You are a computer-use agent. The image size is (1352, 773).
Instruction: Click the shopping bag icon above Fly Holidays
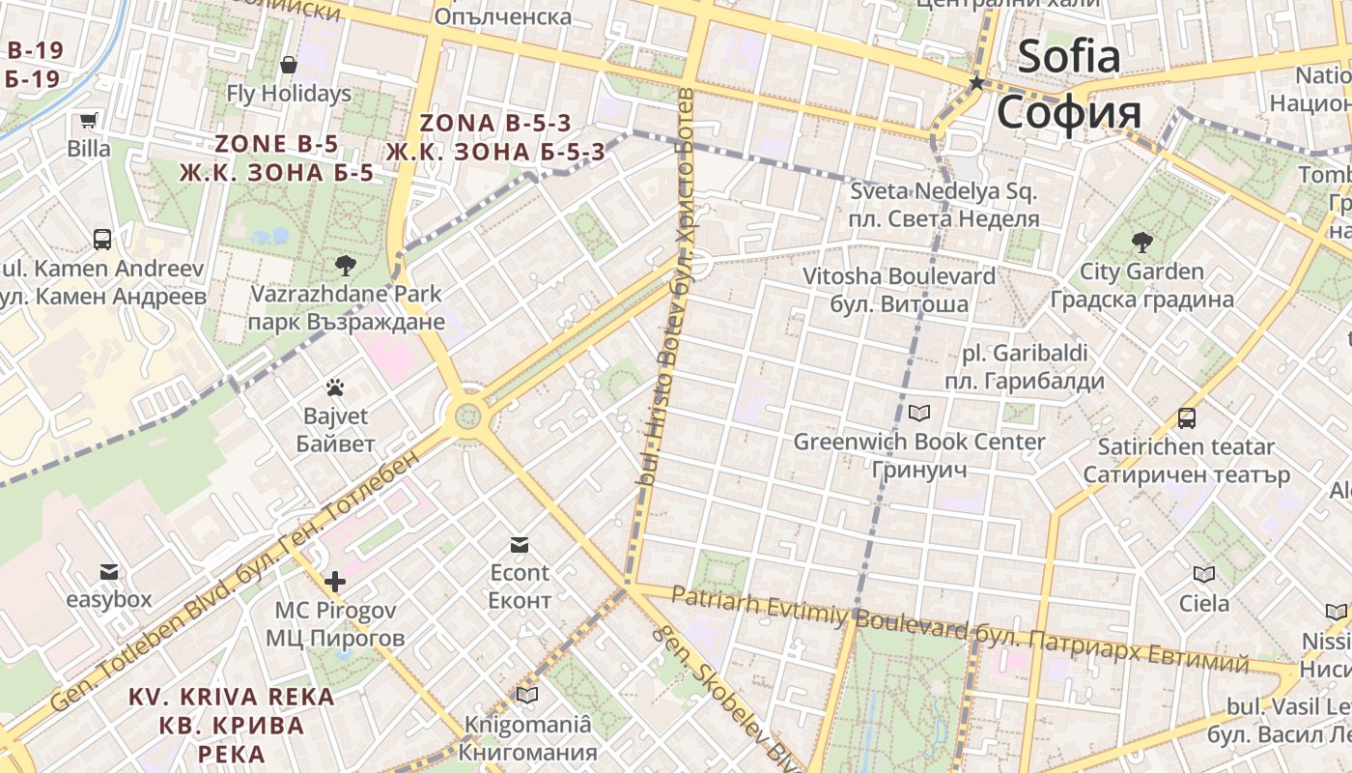288,65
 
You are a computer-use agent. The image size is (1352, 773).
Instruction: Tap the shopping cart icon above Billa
89,121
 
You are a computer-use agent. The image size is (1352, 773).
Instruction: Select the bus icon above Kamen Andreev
101,239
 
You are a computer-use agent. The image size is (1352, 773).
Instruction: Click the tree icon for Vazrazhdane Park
344,265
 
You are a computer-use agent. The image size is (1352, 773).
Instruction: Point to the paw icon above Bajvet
335,388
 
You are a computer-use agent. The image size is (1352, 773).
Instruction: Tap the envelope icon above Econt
520,545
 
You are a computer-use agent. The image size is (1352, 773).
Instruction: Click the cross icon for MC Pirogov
335,582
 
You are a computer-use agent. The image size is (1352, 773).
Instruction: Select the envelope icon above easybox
108,572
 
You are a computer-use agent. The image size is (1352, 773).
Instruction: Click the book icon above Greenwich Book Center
919,414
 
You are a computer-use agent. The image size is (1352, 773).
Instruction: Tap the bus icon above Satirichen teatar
1186,418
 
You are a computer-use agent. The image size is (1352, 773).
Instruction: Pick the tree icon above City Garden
1141,242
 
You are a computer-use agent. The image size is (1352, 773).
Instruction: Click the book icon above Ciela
1203,575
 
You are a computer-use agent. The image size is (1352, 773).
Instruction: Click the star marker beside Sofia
976,83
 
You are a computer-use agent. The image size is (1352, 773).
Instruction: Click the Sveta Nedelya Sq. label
943,191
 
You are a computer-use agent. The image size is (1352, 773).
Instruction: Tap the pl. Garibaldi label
1024,353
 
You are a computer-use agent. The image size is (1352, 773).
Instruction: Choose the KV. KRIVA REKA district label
232,697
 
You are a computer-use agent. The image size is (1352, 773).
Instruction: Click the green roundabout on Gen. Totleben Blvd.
467,416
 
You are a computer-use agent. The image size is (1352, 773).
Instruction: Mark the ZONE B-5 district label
276,144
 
